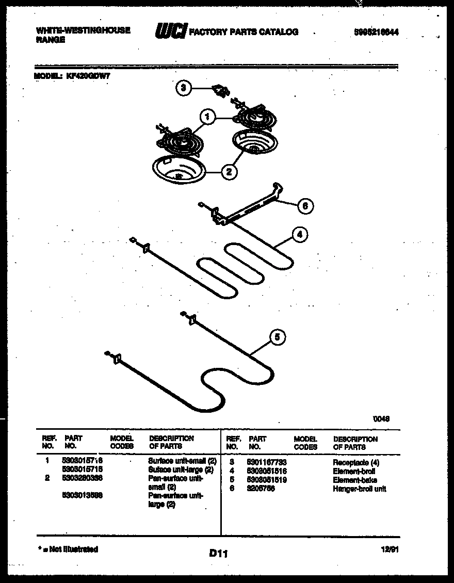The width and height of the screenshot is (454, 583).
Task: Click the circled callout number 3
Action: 182,88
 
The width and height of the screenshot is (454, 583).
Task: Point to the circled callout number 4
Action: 300,235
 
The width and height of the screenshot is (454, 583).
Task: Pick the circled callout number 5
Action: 277,337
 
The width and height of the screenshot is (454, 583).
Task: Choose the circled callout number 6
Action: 305,206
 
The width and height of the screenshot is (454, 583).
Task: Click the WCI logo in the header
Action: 170,31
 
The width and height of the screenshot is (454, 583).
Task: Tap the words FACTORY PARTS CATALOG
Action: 244,32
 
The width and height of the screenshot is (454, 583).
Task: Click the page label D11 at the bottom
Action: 219,554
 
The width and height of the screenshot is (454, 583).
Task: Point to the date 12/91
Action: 391,550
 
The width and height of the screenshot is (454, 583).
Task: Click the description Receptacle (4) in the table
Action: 356,463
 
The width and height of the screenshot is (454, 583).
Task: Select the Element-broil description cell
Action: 354,472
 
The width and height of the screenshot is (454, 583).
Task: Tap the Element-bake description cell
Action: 355,480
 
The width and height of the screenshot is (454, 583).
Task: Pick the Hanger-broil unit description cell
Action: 359,489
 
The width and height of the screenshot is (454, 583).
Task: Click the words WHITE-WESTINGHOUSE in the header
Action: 83,30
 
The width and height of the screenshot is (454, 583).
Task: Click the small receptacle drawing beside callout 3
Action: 222,91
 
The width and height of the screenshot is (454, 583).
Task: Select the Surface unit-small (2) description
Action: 182,460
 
